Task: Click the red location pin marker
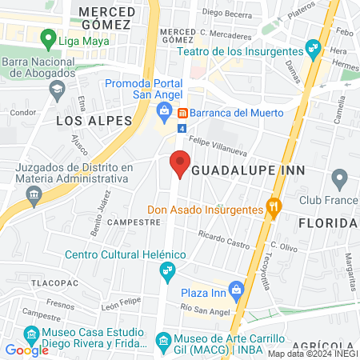(180, 164)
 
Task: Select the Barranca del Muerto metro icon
(182, 113)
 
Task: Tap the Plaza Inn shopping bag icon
(235, 289)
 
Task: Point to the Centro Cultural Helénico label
(126, 254)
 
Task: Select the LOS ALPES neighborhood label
(94, 119)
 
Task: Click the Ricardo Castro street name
(223, 238)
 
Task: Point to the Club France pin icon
(339, 178)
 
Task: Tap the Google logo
(26, 350)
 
